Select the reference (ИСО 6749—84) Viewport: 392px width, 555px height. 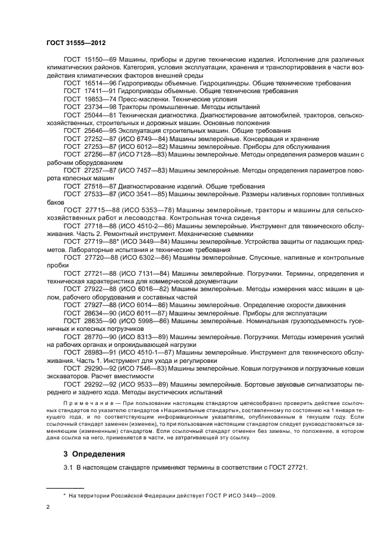144,138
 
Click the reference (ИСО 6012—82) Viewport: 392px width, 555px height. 144,145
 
